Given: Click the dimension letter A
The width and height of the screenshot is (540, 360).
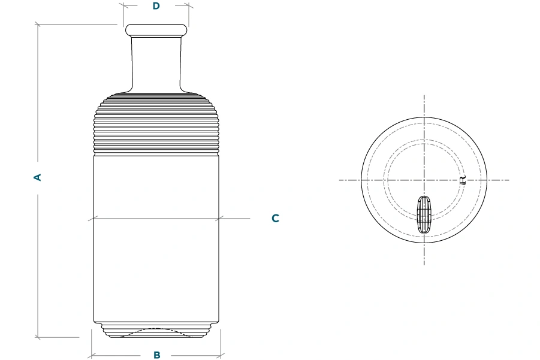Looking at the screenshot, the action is pyautogui.click(x=38, y=177).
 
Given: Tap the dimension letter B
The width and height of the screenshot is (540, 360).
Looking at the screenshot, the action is pyautogui.click(x=156, y=355).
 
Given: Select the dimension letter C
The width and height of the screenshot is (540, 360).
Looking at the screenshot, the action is pyautogui.click(x=275, y=218).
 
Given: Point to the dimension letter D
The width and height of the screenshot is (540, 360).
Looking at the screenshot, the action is pyautogui.click(x=156, y=6).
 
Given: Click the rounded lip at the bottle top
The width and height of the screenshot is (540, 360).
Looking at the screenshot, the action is pyautogui.click(x=156, y=30).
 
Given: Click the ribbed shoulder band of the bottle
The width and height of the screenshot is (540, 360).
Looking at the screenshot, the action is pyautogui.click(x=156, y=126).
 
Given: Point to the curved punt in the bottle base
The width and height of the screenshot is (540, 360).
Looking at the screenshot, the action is pyautogui.click(x=156, y=332).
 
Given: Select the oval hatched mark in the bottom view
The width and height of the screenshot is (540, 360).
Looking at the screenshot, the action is pyautogui.click(x=424, y=215).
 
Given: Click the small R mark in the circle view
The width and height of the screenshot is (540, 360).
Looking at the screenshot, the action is pyautogui.click(x=463, y=180).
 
